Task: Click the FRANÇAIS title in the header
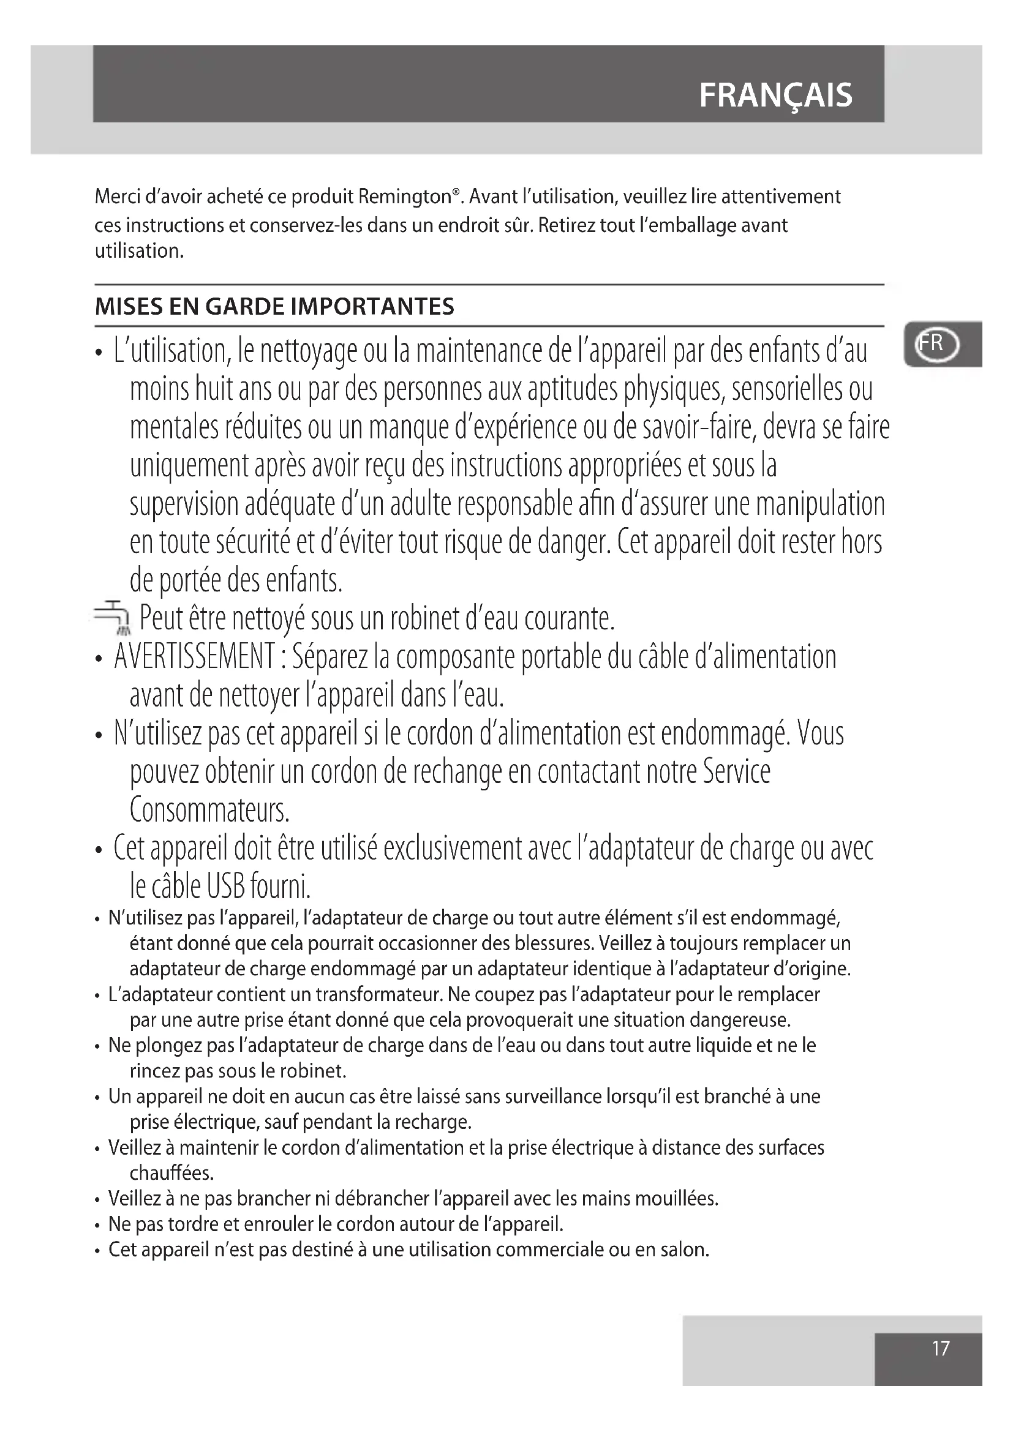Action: click(x=775, y=96)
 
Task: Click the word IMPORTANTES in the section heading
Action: click(x=373, y=307)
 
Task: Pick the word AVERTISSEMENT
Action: click(x=195, y=658)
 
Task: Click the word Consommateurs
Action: click(x=209, y=809)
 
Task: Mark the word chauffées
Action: click(x=171, y=1173)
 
